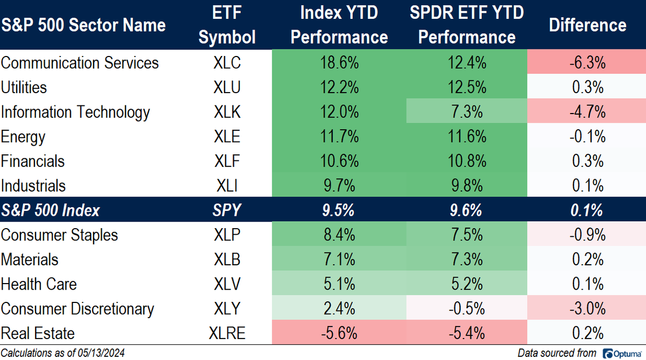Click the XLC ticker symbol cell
pos(226,63)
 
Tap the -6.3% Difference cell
pos(588,63)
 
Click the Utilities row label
pos(24,88)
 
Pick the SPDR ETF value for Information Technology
pos(466,112)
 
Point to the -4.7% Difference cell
pos(588,112)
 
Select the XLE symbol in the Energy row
pos(226,137)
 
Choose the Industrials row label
pos(33,186)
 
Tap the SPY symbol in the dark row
pos(226,210)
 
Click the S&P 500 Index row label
pos(51,210)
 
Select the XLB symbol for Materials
pos(226,259)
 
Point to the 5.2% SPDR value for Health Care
pos(466,284)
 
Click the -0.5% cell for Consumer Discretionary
pos(466,309)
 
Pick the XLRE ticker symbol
pos(226,333)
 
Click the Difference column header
pos(588,25)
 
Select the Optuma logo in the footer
pos(622,353)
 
